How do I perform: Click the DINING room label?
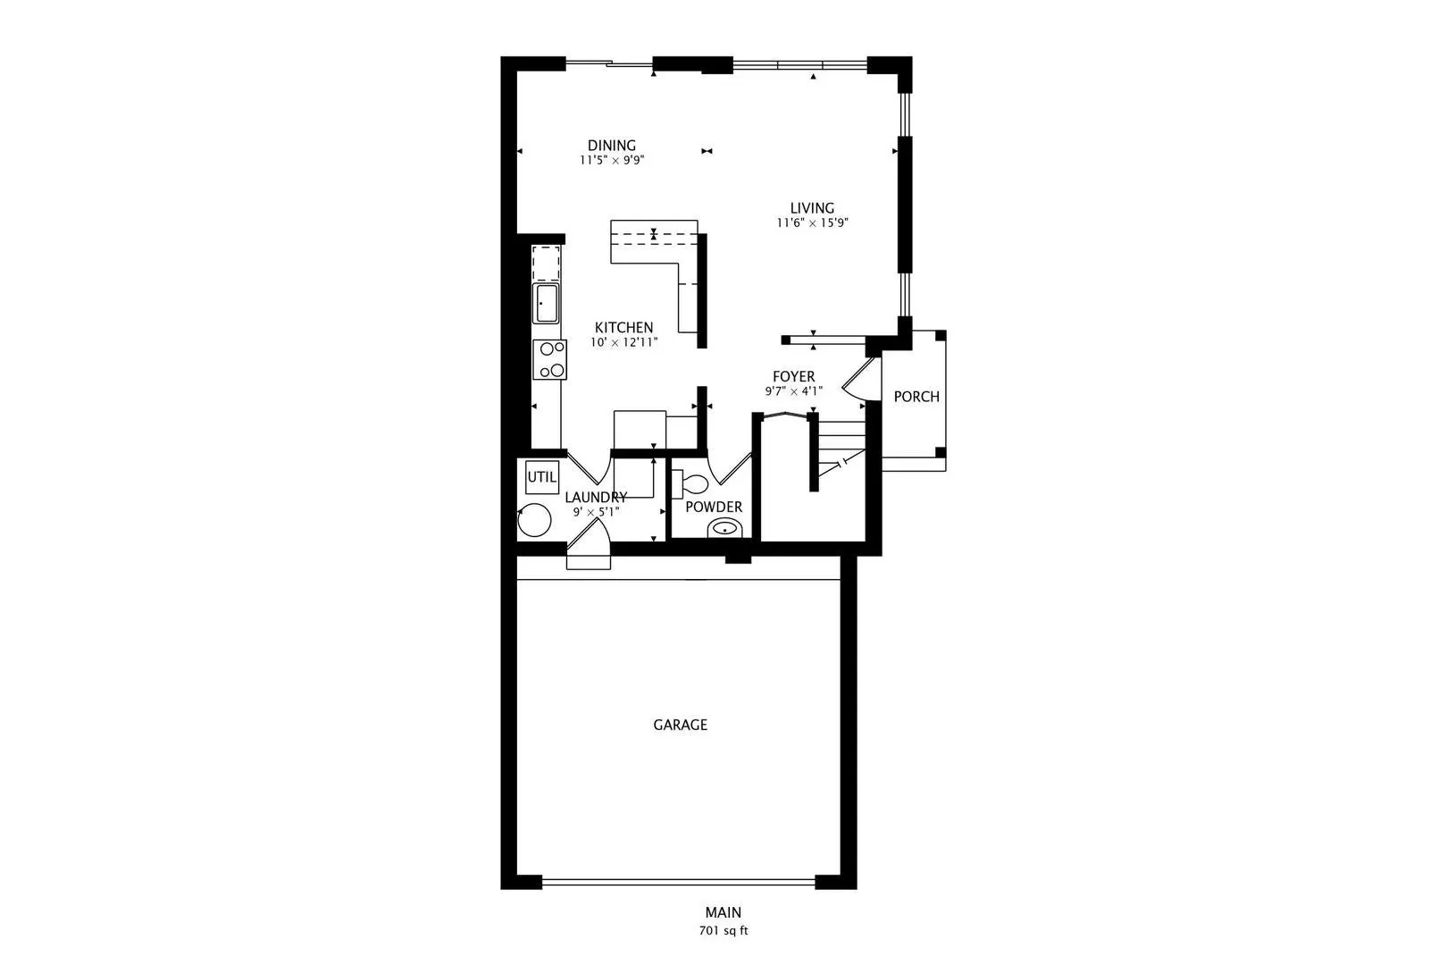(611, 146)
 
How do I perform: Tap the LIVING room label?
(812, 208)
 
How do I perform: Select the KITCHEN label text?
(623, 328)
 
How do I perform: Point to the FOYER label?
(793, 376)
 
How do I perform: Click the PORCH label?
(916, 397)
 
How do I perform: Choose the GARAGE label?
(681, 726)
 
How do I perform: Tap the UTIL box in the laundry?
(541, 477)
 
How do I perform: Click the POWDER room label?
(714, 507)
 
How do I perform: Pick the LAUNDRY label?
(596, 497)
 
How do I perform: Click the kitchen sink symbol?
(546, 303)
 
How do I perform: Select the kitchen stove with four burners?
(549, 359)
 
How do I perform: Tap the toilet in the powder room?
(690, 483)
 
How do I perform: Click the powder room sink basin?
(725, 528)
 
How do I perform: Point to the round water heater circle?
(534, 520)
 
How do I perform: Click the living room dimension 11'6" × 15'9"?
(812, 223)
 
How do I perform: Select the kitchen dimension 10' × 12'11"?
(623, 342)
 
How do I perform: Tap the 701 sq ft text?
(723, 931)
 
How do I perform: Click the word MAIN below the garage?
(723, 912)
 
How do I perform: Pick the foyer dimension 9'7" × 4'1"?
(793, 391)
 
